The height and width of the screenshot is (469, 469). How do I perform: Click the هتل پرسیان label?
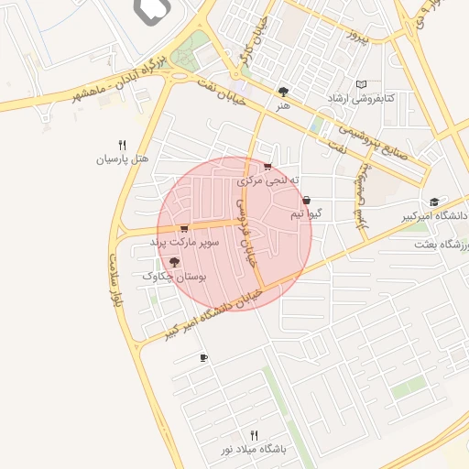coord(123,158)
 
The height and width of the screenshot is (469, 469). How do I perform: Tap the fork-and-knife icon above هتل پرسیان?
coord(122,144)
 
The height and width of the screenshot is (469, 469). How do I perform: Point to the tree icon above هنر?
coord(283,92)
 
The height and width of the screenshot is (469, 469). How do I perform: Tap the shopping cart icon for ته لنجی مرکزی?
coord(267,167)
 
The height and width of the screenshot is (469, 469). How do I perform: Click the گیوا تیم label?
coord(307,213)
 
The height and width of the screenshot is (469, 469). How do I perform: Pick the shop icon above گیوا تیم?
coord(306,200)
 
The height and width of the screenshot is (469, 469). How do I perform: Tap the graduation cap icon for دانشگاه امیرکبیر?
coord(433,202)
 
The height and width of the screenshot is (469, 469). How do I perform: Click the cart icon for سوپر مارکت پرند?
coord(184,229)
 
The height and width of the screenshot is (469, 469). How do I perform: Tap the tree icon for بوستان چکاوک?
coord(175,262)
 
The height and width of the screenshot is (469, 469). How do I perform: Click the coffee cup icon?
coord(203,358)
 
